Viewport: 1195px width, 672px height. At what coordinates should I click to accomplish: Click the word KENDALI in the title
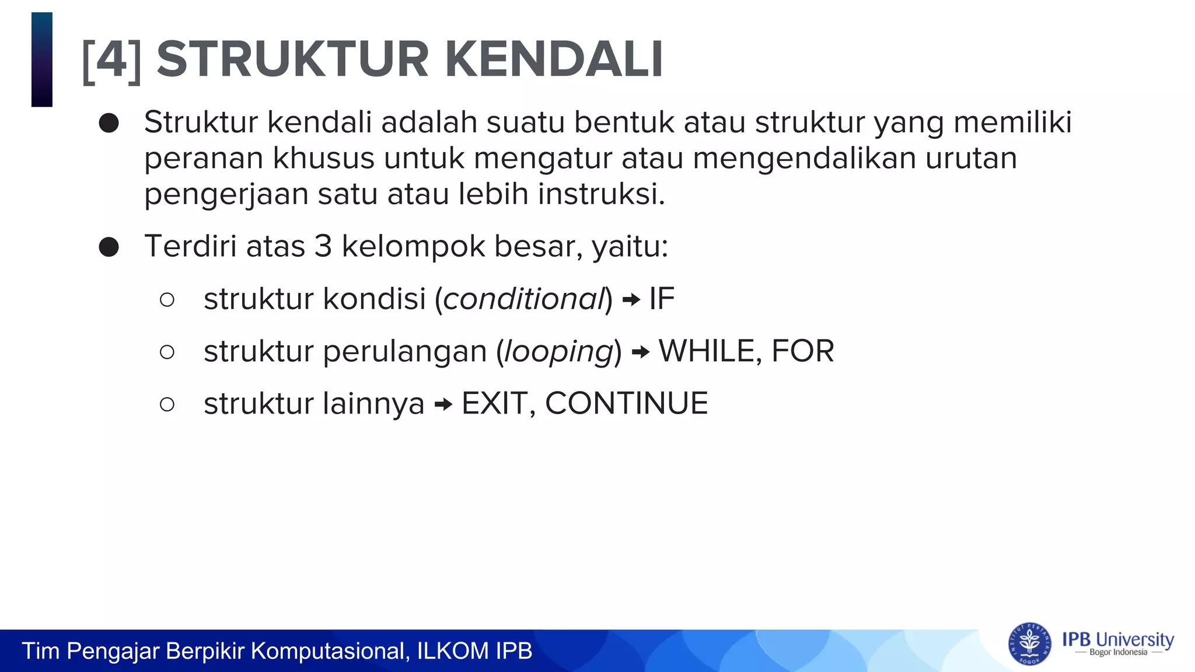tap(554, 60)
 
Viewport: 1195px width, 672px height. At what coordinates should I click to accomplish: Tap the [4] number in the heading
tap(112, 60)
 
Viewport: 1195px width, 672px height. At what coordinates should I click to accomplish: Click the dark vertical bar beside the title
tap(42, 60)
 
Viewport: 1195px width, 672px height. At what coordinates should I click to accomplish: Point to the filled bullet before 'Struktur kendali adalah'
tap(109, 123)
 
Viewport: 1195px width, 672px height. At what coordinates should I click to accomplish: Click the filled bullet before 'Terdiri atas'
tap(109, 247)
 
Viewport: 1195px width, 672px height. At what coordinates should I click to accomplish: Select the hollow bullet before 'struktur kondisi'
tap(167, 300)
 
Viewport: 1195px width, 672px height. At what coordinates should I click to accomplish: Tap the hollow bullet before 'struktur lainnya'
tap(167, 404)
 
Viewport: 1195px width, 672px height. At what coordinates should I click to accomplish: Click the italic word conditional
tap(523, 299)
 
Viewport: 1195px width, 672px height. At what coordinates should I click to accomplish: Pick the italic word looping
tap(558, 352)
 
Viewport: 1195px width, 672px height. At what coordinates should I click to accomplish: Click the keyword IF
tap(662, 299)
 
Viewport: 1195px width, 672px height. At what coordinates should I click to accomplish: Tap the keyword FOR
tap(803, 351)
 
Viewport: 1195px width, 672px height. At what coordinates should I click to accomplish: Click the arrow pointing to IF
tap(631, 300)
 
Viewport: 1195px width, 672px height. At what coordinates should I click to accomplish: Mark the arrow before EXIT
tap(443, 405)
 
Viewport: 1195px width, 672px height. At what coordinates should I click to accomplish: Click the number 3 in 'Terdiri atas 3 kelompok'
tap(323, 246)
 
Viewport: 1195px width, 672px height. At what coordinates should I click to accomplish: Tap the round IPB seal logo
tap(1029, 644)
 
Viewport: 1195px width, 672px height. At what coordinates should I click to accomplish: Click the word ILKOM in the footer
tap(453, 651)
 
